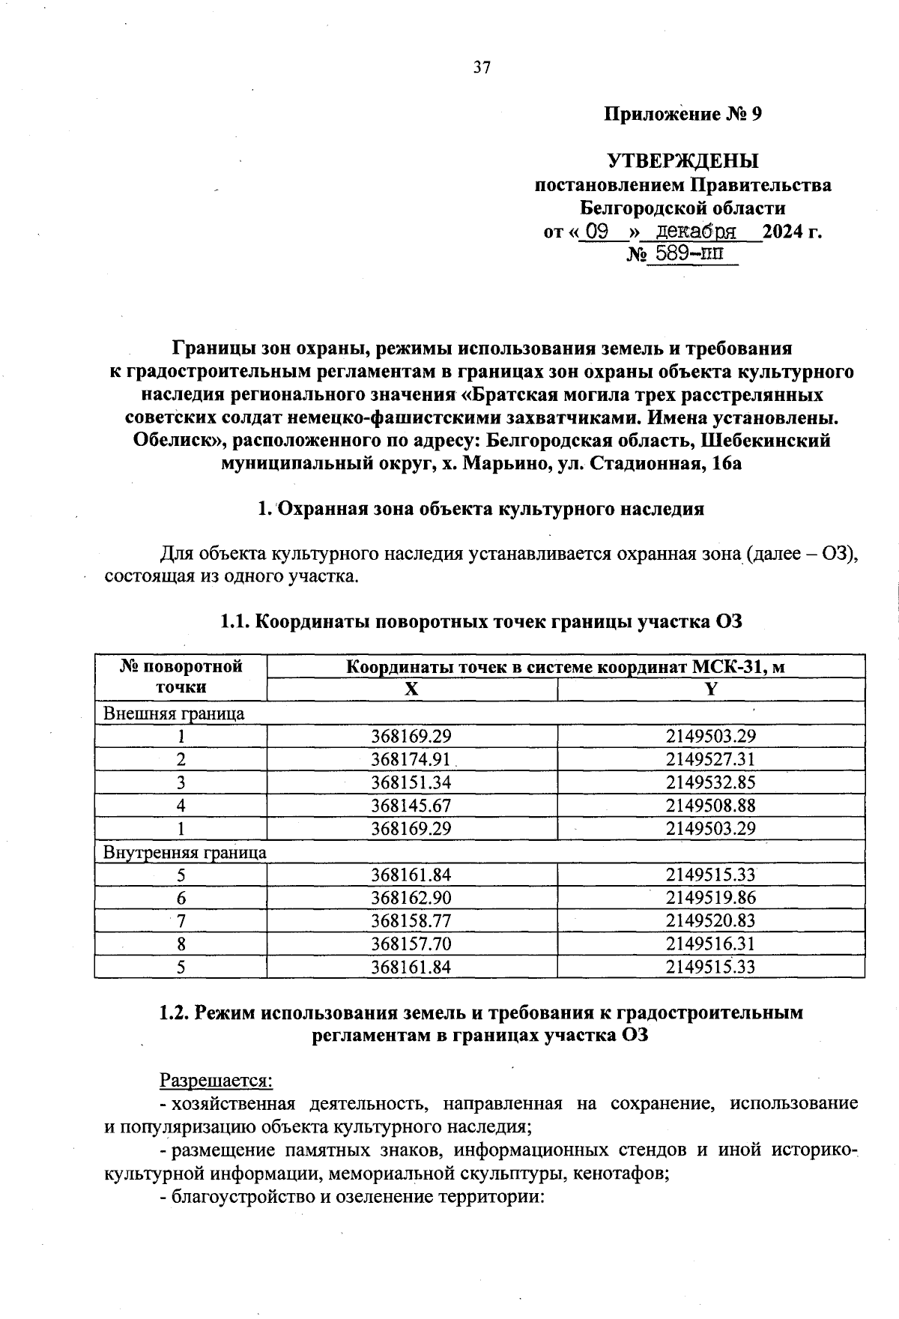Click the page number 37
click(482, 68)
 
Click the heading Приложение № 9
click(682, 115)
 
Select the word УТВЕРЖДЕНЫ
click(682, 161)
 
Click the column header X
click(411, 690)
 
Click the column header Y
click(711, 690)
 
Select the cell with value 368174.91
click(411, 759)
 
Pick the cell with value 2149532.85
click(711, 782)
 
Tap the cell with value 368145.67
click(411, 806)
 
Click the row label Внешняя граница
click(173, 713)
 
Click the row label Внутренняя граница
click(184, 852)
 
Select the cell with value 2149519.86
click(711, 898)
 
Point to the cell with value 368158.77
click(411, 921)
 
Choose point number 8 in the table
click(181, 944)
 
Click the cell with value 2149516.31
click(711, 944)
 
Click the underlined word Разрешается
click(217, 1080)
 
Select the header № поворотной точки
click(181, 677)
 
